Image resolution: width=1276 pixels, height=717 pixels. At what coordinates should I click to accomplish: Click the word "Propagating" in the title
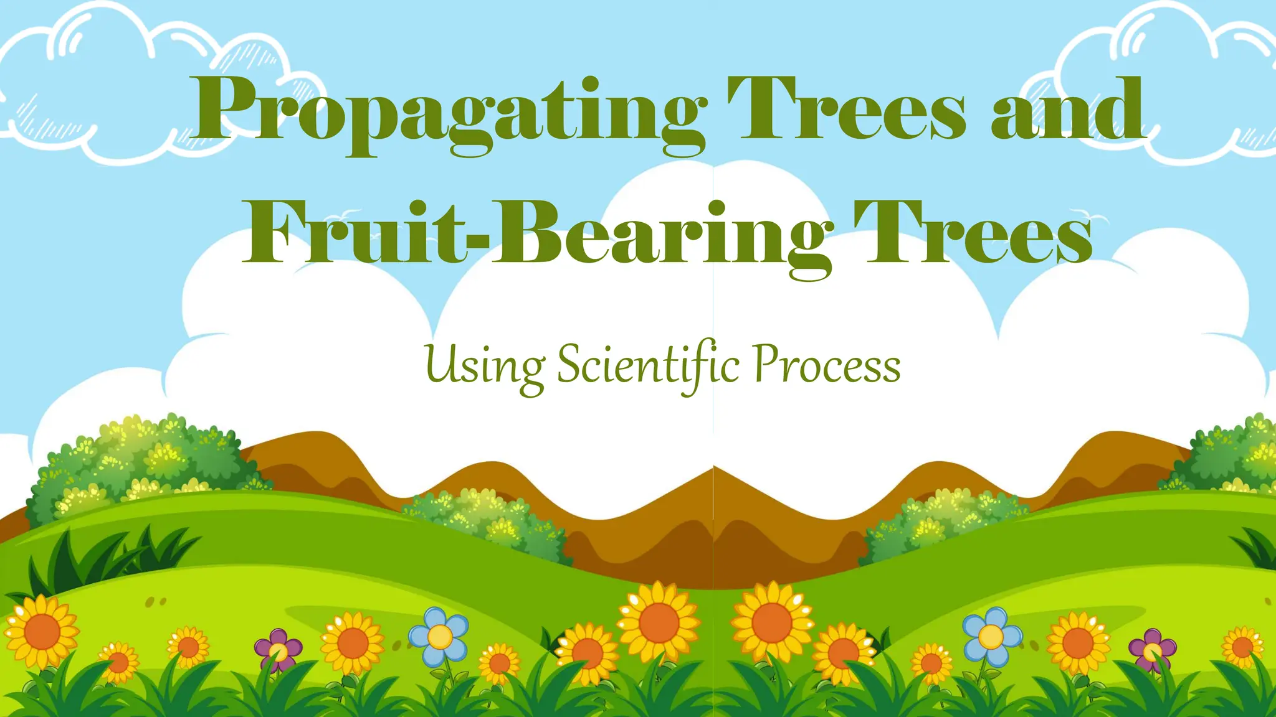coord(449,112)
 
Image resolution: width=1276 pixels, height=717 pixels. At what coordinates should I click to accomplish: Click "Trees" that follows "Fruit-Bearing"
coord(972,233)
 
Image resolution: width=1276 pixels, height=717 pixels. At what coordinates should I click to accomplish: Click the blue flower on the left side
coord(439,635)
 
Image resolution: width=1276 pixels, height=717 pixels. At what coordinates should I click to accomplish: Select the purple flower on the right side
coord(1152,650)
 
